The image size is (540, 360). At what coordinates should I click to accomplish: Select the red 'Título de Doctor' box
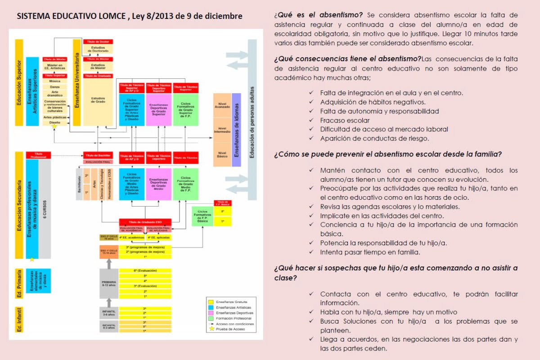click(98, 42)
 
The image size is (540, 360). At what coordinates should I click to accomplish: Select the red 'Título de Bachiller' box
click(98, 155)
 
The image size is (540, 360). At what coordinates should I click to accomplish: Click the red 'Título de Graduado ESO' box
click(145, 221)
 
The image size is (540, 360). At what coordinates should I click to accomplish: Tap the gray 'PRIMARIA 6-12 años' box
click(109, 283)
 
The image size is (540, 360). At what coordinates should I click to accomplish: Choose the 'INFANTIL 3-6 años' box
click(109, 312)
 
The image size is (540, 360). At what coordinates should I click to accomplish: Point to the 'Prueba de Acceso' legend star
click(211, 329)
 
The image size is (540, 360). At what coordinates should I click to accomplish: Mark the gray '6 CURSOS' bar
click(45, 209)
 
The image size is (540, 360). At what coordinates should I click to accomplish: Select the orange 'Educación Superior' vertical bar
click(19, 82)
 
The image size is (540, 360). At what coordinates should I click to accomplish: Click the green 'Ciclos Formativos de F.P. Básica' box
click(202, 216)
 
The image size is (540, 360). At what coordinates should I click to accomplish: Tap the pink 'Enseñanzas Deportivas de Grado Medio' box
click(158, 184)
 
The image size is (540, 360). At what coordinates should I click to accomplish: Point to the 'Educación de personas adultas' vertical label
click(252, 121)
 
